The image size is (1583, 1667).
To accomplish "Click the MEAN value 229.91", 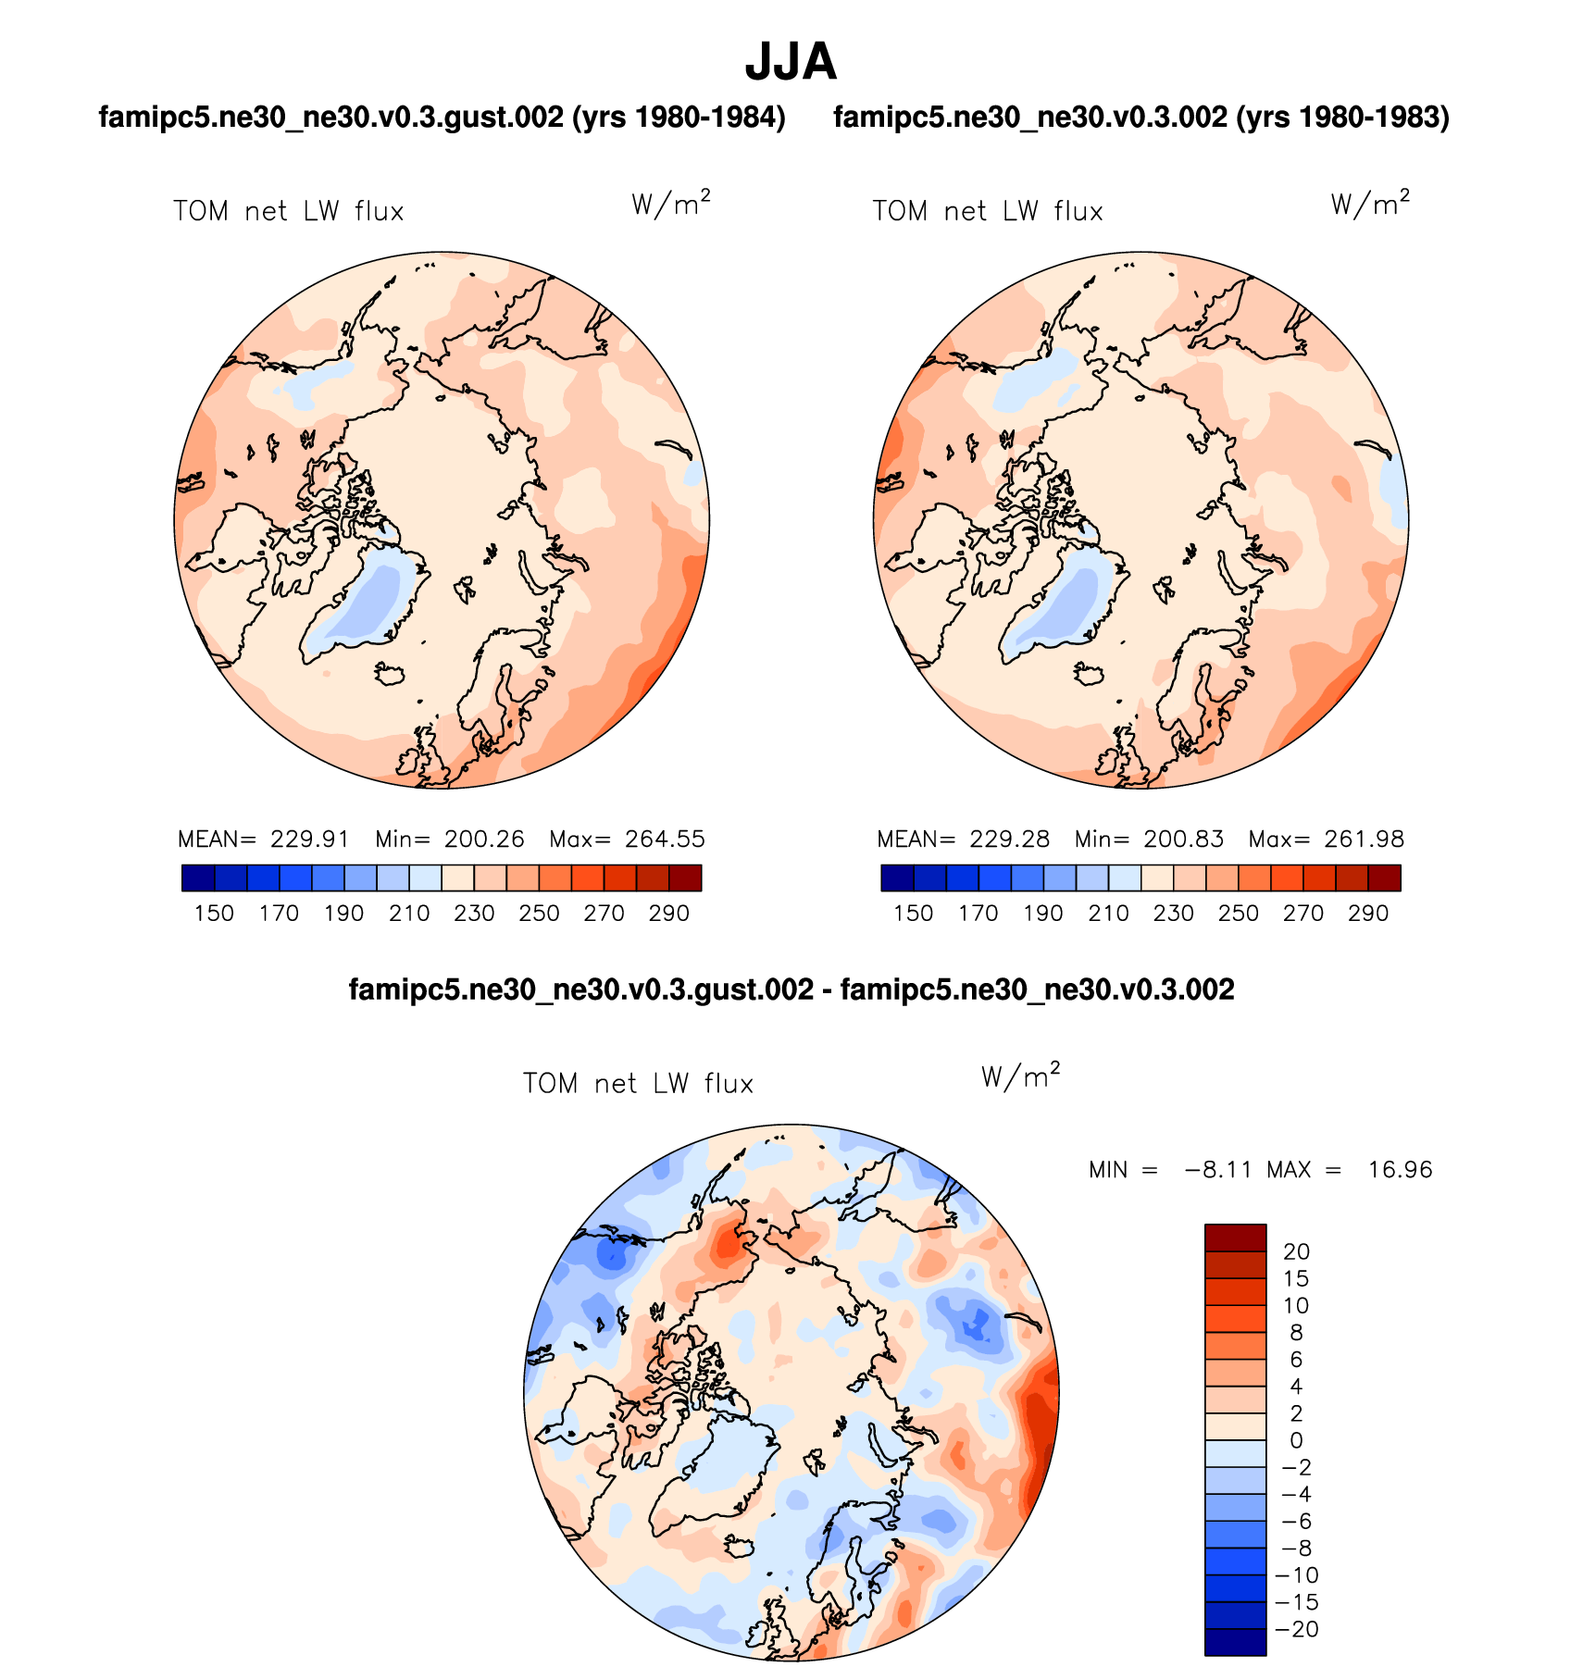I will pos(310,840).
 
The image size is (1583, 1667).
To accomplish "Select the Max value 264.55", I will pos(665,840).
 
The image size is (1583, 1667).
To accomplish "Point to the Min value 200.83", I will pos(1183,840).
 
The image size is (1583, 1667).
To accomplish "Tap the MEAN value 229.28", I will pos(1009,840).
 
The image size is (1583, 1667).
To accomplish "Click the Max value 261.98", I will pos(1364,840).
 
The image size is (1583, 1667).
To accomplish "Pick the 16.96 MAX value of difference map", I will pos(1400,1170).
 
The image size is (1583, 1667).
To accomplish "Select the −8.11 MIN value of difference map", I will pos(1217,1170).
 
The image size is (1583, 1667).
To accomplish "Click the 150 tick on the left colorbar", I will pos(214,914).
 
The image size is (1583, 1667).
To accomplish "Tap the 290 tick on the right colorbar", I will pos(1367,914).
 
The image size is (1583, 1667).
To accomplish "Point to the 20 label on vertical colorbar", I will pos(1296,1252).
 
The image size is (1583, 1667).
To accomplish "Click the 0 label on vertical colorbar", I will pos(1296,1441).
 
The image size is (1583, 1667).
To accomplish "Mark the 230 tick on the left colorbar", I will pos(474,914).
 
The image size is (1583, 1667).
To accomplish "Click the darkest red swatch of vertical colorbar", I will pos(1235,1238).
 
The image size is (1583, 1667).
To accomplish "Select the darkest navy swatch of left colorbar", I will pos(198,877).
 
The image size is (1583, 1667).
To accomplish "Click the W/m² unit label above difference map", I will pos(1020,1076).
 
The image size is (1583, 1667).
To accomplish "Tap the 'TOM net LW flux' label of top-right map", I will pos(988,212).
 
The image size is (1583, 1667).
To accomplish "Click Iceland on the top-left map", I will pos(392,673).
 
